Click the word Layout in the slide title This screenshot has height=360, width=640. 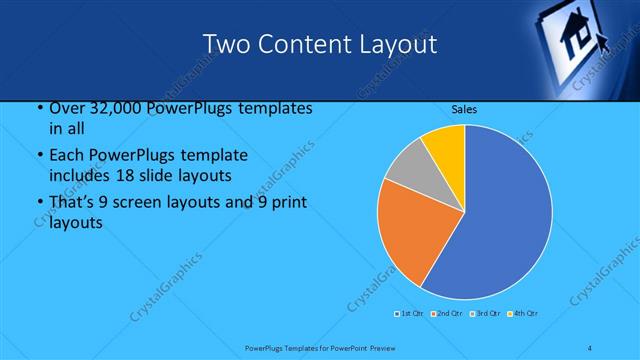(x=399, y=44)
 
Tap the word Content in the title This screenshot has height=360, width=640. (x=302, y=44)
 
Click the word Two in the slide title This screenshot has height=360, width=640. (x=225, y=44)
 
